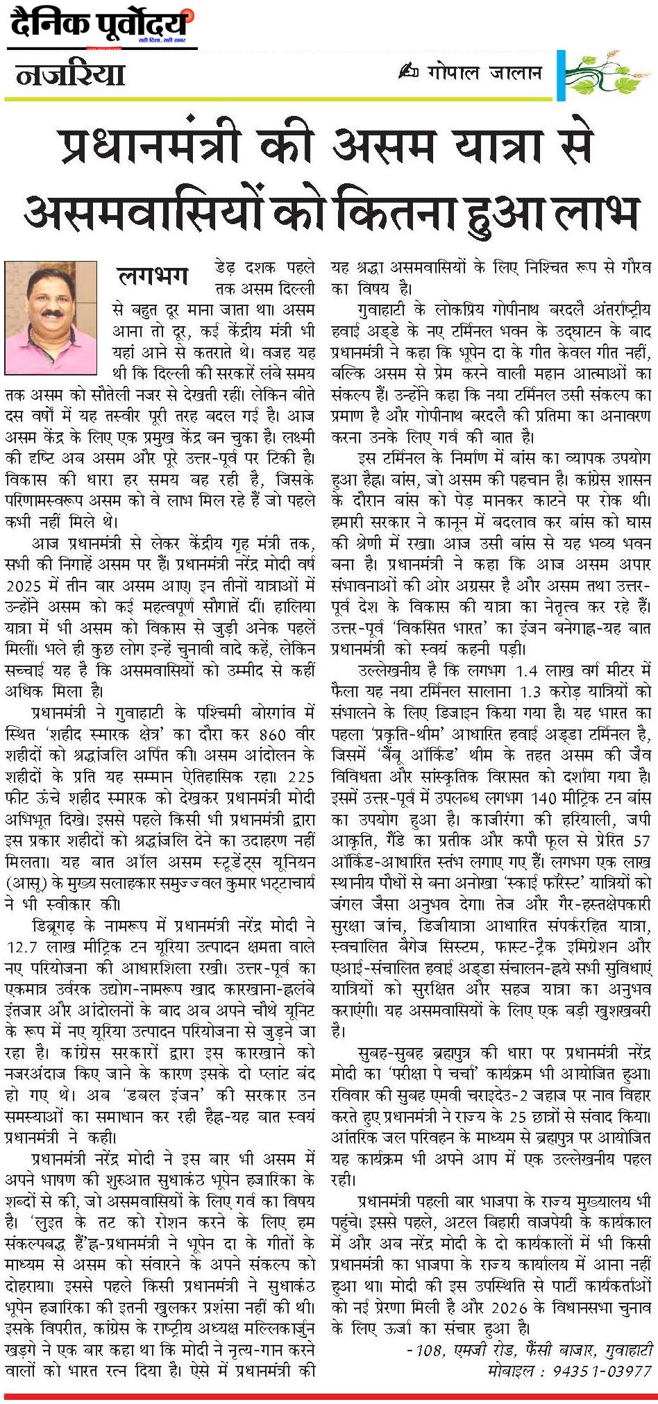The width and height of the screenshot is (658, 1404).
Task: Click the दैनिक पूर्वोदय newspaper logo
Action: [x=101, y=26]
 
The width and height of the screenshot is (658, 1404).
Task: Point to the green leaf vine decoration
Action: [x=605, y=72]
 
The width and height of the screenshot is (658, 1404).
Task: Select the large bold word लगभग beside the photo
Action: [x=153, y=276]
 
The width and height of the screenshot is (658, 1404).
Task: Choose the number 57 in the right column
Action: [x=642, y=840]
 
